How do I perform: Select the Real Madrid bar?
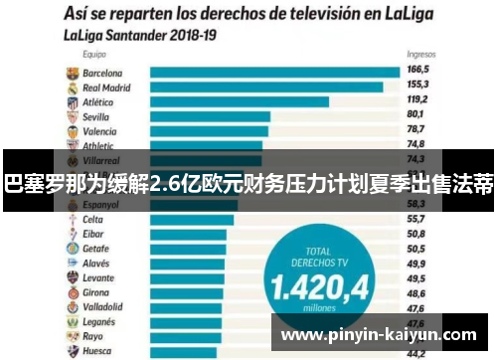point(266,87)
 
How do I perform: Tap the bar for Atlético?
point(239,101)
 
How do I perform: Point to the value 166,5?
point(417,71)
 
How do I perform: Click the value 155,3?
point(417,86)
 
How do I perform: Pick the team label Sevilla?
point(97,115)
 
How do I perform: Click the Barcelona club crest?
point(71,73)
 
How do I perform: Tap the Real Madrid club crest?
point(71,87)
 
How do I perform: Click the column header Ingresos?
point(419,56)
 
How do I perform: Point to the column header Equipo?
point(95,57)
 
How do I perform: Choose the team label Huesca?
point(96,351)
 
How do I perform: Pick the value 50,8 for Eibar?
point(417,233)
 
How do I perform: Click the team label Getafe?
point(96,248)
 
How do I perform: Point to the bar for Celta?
point(193,219)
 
